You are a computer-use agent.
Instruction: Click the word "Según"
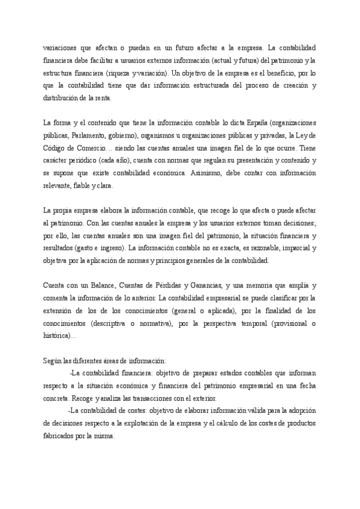53,361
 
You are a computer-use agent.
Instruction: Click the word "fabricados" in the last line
60,437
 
